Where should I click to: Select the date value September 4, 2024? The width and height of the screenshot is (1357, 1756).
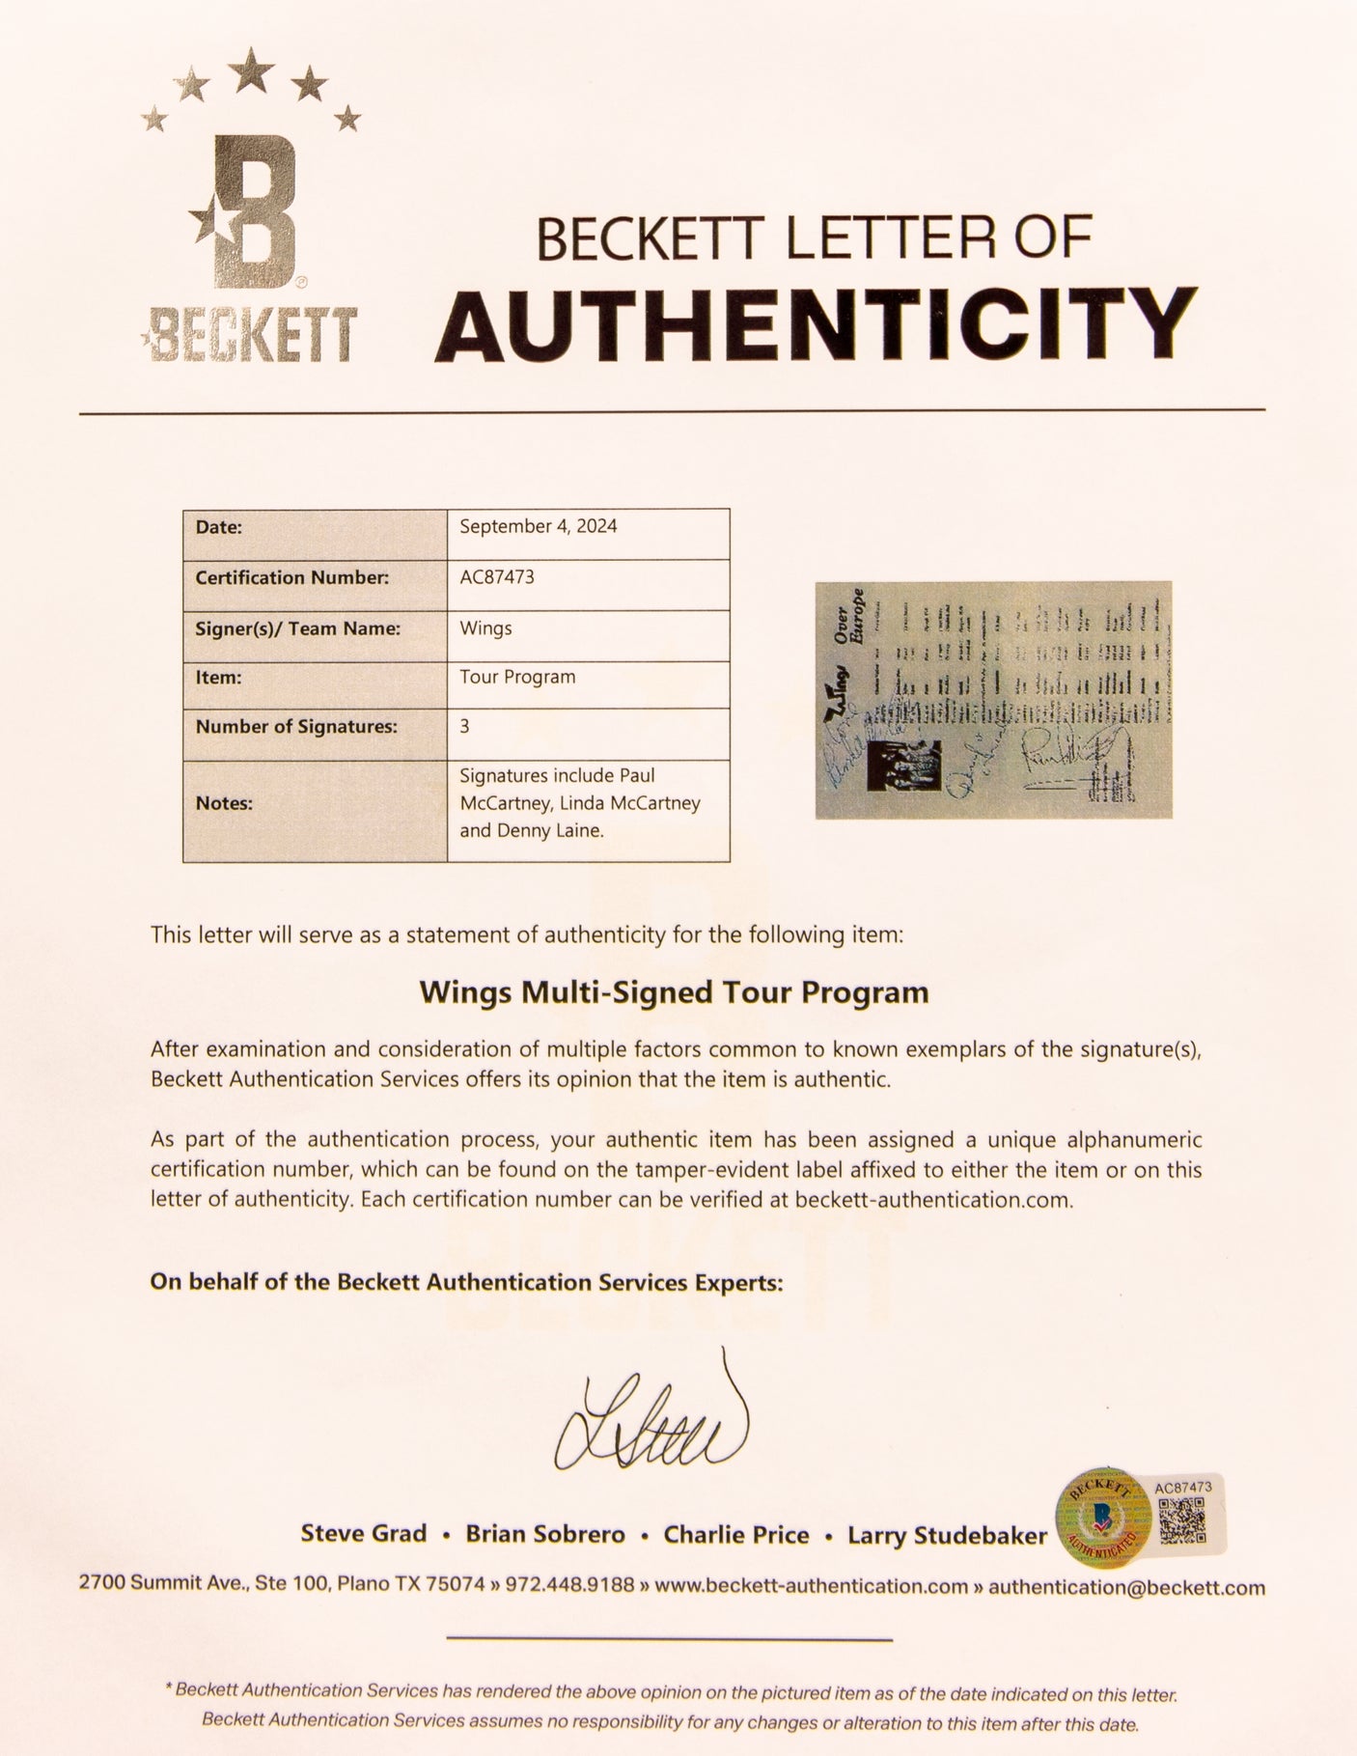click(x=538, y=526)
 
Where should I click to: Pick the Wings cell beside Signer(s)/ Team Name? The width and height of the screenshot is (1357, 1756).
click(x=485, y=628)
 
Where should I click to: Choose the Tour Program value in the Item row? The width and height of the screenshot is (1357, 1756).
click(x=517, y=677)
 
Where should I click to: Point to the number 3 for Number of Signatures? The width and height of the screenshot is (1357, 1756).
click(x=464, y=726)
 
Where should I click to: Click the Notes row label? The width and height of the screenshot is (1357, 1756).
click(x=224, y=803)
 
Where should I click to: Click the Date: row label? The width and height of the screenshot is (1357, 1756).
click(x=218, y=527)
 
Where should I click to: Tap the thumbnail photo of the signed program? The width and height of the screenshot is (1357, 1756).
click(x=993, y=700)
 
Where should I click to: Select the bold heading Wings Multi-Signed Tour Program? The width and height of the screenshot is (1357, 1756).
click(x=674, y=992)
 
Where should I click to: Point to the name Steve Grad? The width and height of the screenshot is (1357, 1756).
click(x=363, y=1534)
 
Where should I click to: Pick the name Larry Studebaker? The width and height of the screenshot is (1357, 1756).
click(x=947, y=1535)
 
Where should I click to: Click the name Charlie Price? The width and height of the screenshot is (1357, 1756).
click(x=735, y=1535)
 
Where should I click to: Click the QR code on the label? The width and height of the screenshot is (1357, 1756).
click(x=1182, y=1521)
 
